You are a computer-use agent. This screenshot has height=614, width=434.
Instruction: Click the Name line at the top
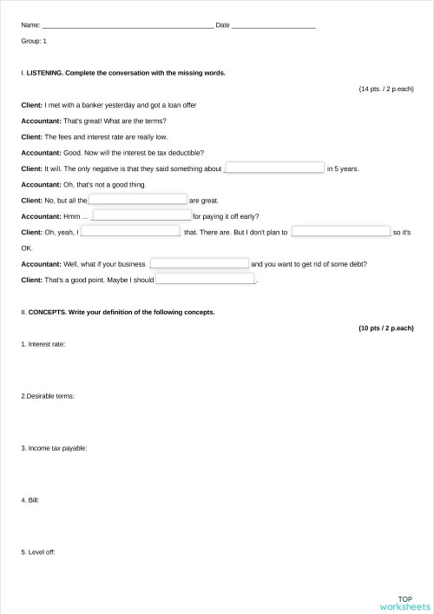127,26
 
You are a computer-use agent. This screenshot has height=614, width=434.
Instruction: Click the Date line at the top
273,26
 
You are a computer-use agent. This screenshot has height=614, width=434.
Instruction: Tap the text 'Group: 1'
34,41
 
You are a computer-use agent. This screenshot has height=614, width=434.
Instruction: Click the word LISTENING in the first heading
44,73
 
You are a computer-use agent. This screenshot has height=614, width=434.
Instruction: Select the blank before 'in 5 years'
274,168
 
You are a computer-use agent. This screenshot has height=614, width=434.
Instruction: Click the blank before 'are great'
138,200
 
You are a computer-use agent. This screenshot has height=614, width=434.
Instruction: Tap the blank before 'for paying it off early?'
141,215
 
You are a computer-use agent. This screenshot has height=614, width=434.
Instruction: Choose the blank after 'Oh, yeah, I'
130,232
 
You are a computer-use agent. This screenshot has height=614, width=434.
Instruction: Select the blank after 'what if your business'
200,263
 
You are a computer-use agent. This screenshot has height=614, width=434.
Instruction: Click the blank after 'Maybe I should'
205,280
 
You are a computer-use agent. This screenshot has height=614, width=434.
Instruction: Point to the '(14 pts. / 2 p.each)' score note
386,89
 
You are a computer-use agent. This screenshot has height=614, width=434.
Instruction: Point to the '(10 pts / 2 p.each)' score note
386,328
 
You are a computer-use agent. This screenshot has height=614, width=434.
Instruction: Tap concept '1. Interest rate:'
43,345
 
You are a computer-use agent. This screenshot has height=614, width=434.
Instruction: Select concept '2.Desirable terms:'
47,396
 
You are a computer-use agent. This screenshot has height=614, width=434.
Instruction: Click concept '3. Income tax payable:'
54,448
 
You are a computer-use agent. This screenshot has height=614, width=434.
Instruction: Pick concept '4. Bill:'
30,500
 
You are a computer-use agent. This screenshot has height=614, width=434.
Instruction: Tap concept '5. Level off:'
38,552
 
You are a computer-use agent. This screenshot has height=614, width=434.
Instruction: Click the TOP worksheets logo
404,603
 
